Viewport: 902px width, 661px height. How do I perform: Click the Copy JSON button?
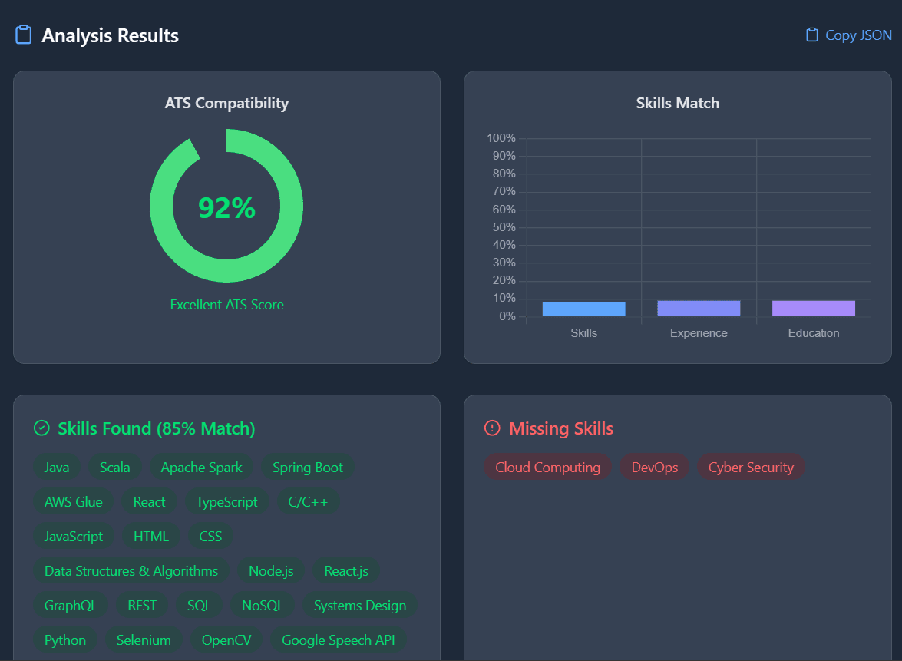click(849, 35)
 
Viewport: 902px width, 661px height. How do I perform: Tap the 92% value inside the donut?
click(226, 208)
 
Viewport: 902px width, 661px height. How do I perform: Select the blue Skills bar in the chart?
click(583, 309)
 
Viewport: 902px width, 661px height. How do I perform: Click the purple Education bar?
click(814, 308)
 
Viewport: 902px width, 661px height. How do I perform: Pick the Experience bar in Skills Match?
click(699, 308)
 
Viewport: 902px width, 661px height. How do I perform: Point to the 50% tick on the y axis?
click(501, 227)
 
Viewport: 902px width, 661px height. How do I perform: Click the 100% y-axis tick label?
click(501, 138)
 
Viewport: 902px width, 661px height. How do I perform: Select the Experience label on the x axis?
click(699, 333)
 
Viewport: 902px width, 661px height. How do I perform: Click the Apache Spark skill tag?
click(201, 468)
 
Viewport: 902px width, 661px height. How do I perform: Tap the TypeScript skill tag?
click(226, 502)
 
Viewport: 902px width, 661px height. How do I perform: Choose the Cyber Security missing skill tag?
click(751, 468)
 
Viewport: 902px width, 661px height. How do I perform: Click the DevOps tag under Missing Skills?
click(655, 468)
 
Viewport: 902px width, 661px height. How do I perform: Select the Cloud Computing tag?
click(547, 468)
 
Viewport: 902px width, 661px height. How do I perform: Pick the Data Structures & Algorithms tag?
click(131, 571)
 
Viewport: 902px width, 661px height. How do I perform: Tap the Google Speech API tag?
click(338, 640)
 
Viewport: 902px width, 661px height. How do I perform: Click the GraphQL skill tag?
click(71, 606)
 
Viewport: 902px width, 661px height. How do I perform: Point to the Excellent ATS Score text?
click(226, 305)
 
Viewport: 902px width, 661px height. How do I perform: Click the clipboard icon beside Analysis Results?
click(24, 35)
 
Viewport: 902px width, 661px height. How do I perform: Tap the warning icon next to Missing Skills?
click(492, 428)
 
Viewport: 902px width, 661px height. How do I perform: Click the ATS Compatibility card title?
click(226, 103)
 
